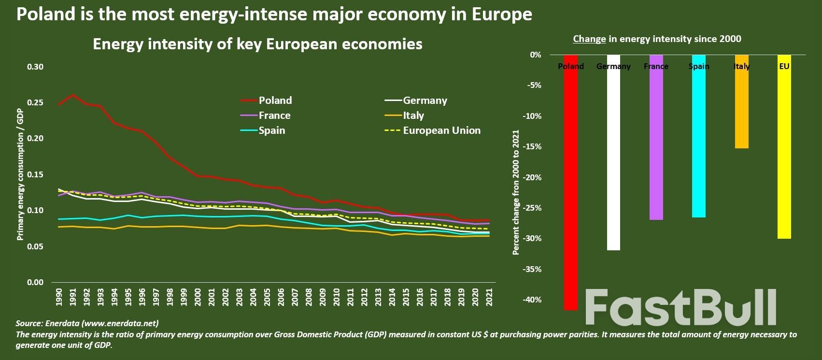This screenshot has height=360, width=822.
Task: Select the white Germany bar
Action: pyautogui.click(x=613, y=159)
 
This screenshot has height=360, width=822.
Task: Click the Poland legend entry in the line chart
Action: pyautogui.click(x=274, y=101)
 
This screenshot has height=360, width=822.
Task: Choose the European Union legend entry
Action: pyautogui.click(x=441, y=130)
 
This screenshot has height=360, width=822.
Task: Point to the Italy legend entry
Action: pyautogui.click(x=413, y=115)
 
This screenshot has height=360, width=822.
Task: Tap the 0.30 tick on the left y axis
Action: pyautogui.click(x=35, y=67)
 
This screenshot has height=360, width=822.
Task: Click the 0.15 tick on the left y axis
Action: pyautogui.click(x=35, y=174)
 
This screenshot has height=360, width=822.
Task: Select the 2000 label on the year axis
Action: pyautogui.click(x=198, y=297)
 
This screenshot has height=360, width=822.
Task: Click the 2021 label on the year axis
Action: pyautogui.click(x=489, y=297)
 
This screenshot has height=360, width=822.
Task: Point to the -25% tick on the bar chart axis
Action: pyautogui.click(x=532, y=208)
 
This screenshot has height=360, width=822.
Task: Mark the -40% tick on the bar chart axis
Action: pyautogui.click(x=532, y=300)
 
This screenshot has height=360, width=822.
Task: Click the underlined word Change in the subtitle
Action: pyautogui.click(x=589, y=39)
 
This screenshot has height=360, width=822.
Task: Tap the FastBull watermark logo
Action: pyautogui.click(x=680, y=307)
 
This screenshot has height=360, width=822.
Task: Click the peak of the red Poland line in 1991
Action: pyautogui.click(x=73, y=95)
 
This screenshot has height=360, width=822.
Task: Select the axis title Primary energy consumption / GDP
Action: pyautogui.click(x=20, y=174)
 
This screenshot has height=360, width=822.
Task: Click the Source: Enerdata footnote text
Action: pyautogui.click(x=87, y=323)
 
